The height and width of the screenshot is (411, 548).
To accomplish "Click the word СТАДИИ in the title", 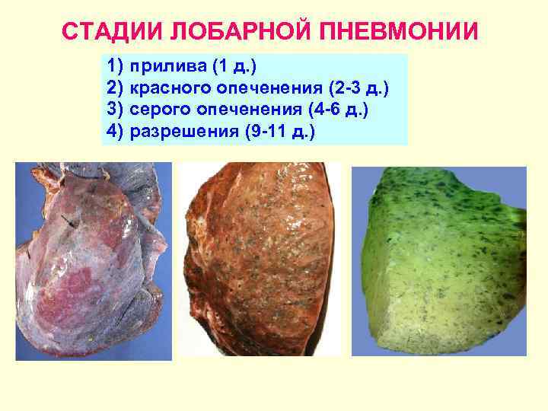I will (107, 32).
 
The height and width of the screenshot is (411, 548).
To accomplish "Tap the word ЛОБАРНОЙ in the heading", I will (228, 32).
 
